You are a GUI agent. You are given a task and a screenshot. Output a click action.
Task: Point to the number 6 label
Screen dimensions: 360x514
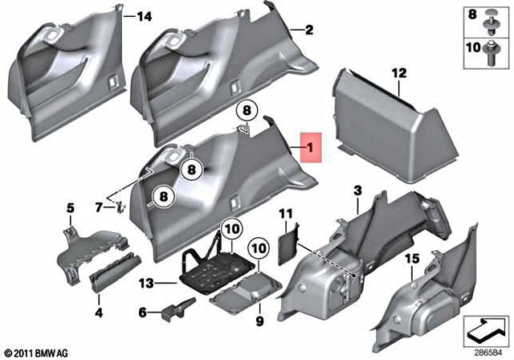point(143,312)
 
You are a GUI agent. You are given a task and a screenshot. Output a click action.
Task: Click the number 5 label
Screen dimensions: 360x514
point(70,209)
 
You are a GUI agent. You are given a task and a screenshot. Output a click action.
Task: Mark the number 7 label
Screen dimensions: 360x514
point(99,207)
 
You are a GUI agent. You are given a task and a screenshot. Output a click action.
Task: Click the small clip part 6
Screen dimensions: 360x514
point(176,309)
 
